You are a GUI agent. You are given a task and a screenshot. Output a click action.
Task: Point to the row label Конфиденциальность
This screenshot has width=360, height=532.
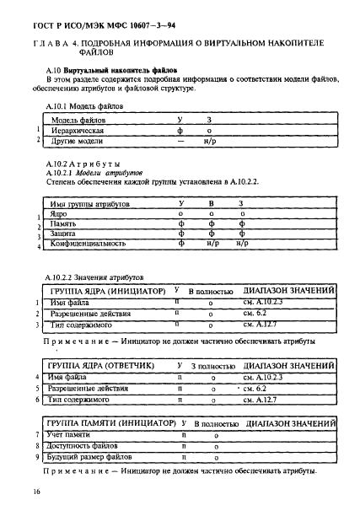click(x=88, y=244)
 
